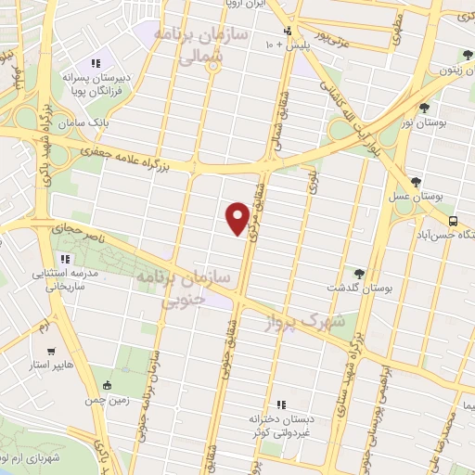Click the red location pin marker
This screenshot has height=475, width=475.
click(x=237, y=217)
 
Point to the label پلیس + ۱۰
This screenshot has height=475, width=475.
click(x=285, y=45)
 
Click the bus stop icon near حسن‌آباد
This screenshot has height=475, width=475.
click(x=453, y=221)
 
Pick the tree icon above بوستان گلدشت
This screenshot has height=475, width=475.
click(x=359, y=273)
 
